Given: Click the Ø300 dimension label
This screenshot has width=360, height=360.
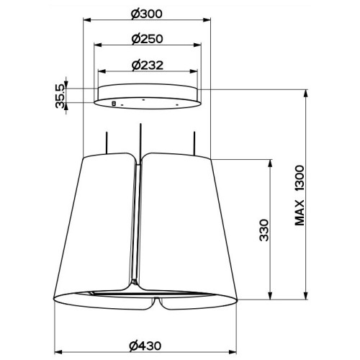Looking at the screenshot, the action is [x=146, y=14].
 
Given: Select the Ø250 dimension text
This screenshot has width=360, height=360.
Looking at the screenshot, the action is [x=147, y=39].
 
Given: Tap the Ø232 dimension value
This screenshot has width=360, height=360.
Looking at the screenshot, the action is [x=148, y=65].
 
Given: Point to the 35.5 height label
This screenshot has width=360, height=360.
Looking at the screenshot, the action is [x=60, y=96].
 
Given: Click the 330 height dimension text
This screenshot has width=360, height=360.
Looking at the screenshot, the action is [x=264, y=230].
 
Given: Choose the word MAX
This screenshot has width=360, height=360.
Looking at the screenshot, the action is [x=300, y=213].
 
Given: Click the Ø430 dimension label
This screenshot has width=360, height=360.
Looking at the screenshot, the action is [x=145, y=346].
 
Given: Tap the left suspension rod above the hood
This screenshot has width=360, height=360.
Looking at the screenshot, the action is [x=107, y=143].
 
